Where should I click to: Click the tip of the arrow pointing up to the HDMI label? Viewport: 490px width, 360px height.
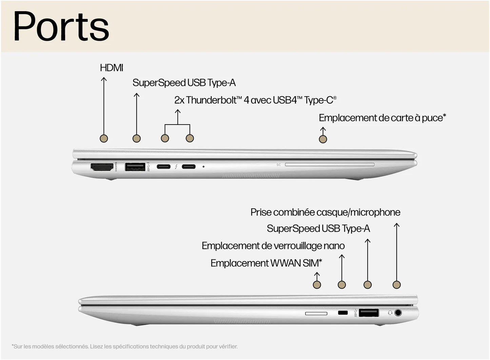click(x=104, y=77)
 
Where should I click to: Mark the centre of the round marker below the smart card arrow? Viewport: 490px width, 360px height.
click(x=323, y=139)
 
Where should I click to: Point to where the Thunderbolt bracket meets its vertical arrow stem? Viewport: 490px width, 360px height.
click(x=178, y=125)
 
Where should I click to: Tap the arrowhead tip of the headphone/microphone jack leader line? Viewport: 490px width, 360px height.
click(x=397, y=223)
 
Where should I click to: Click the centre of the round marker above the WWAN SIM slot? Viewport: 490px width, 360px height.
click(x=317, y=285)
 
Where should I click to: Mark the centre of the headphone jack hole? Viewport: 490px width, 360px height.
click(x=398, y=312)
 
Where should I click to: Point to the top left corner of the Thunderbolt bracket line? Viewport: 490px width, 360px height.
click(x=165, y=125)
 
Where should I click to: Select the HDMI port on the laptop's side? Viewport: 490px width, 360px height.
click(x=102, y=167)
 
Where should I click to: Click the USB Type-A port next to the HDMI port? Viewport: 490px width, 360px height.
click(x=135, y=167)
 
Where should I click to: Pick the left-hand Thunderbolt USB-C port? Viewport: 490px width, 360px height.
click(x=163, y=167)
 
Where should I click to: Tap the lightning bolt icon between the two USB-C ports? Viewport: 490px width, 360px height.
click(x=176, y=167)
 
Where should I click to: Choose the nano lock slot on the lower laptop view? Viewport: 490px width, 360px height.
click(x=342, y=312)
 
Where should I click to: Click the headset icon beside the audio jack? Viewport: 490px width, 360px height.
click(x=390, y=313)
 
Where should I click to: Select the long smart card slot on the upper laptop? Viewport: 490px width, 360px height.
click(x=330, y=164)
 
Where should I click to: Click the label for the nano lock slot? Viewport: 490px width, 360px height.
click(x=273, y=246)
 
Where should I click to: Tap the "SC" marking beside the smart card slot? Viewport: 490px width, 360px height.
click(x=278, y=165)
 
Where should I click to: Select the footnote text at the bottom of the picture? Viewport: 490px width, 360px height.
click(x=124, y=346)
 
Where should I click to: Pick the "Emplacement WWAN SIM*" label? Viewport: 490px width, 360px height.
click(x=266, y=263)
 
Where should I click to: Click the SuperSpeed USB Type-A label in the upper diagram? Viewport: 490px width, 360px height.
click(x=184, y=83)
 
